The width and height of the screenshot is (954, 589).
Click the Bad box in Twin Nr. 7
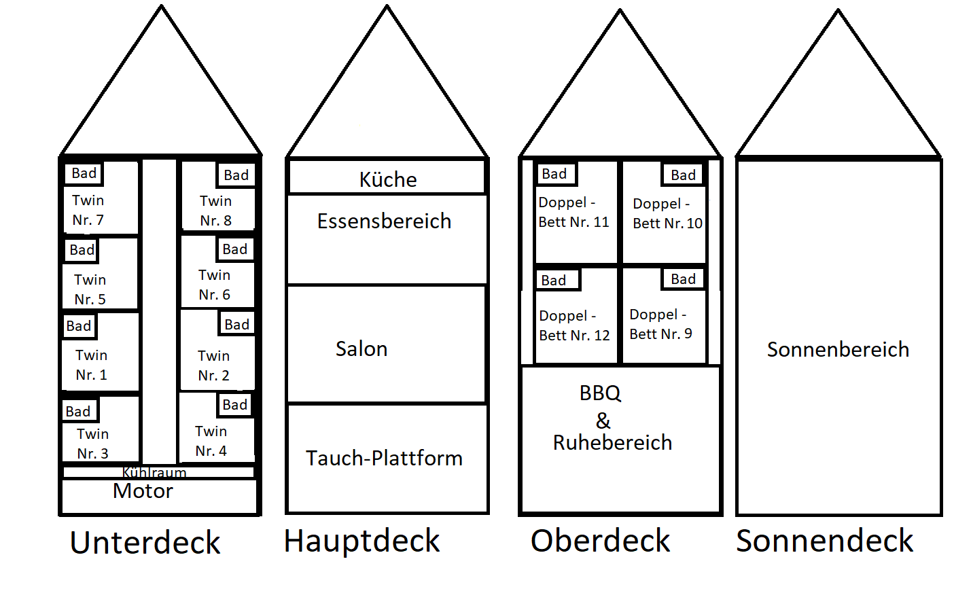(x=84, y=173)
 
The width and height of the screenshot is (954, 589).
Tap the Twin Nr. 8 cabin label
(x=215, y=211)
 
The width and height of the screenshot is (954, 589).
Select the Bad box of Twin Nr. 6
(x=235, y=249)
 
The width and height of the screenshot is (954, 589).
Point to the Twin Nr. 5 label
(x=90, y=289)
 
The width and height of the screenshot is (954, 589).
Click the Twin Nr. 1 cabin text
(x=91, y=365)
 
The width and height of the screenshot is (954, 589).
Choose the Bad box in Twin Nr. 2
(x=236, y=325)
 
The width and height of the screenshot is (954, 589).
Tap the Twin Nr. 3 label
(x=92, y=444)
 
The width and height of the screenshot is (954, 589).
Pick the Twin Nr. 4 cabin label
(x=211, y=441)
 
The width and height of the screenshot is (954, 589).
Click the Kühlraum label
(x=154, y=472)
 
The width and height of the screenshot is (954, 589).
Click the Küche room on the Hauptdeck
(x=387, y=179)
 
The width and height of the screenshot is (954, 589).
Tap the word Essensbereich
(x=384, y=221)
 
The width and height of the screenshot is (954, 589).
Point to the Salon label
(x=361, y=349)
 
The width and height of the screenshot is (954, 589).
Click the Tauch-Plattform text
(x=384, y=458)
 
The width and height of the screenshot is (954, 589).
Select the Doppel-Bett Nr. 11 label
(x=573, y=212)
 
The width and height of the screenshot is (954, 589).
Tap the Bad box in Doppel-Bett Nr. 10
(x=683, y=175)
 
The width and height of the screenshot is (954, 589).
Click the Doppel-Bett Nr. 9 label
(x=660, y=324)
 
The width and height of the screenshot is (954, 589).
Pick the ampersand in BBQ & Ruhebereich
(x=603, y=421)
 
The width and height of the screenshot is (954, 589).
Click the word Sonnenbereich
(x=838, y=349)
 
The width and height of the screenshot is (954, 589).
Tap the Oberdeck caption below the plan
(x=600, y=541)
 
